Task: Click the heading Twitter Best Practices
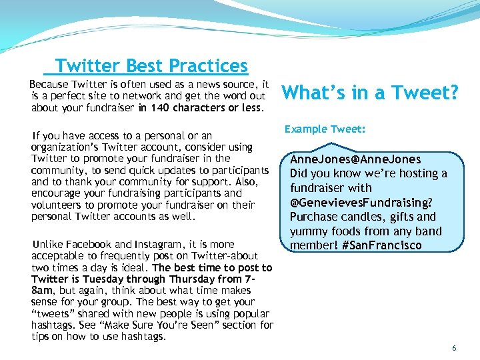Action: [151, 66]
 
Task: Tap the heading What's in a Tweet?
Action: [371, 93]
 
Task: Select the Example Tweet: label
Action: [325, 129]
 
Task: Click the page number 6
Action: [454, 348]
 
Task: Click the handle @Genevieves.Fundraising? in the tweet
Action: [361, 202]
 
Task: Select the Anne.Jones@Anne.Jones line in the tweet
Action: [355, 159]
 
